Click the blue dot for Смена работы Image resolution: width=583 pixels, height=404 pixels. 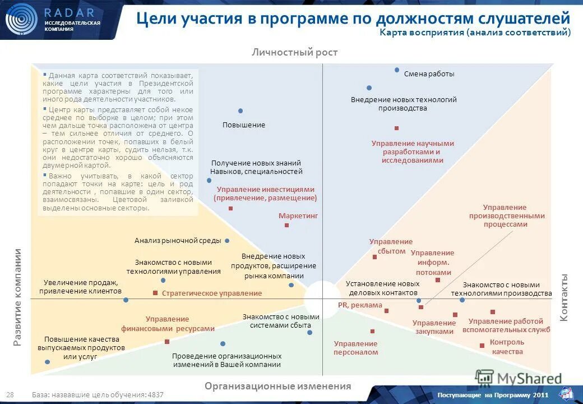(397, 70)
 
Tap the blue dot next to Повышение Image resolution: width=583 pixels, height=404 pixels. (240, 111)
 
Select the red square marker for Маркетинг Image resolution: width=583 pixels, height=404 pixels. (286, 225)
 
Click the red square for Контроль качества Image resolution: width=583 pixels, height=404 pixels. (482, 346)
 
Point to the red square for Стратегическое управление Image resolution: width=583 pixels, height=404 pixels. (155, 293)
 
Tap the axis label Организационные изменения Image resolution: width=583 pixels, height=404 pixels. (277, 386)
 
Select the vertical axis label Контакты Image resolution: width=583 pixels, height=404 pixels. (565, 297)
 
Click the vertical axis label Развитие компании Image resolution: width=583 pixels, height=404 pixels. (18, 297)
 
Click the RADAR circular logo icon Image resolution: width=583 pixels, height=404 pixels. (21, 20)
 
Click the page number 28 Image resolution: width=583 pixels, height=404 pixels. (10, 395)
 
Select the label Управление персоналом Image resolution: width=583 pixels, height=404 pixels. (356, 348)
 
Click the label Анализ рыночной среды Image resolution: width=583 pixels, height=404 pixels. (178, 241)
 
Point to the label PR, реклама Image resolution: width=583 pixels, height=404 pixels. (360, 305)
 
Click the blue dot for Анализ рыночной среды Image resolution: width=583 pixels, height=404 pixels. (227, 241)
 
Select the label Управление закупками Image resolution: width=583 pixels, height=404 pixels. (434, 327)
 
